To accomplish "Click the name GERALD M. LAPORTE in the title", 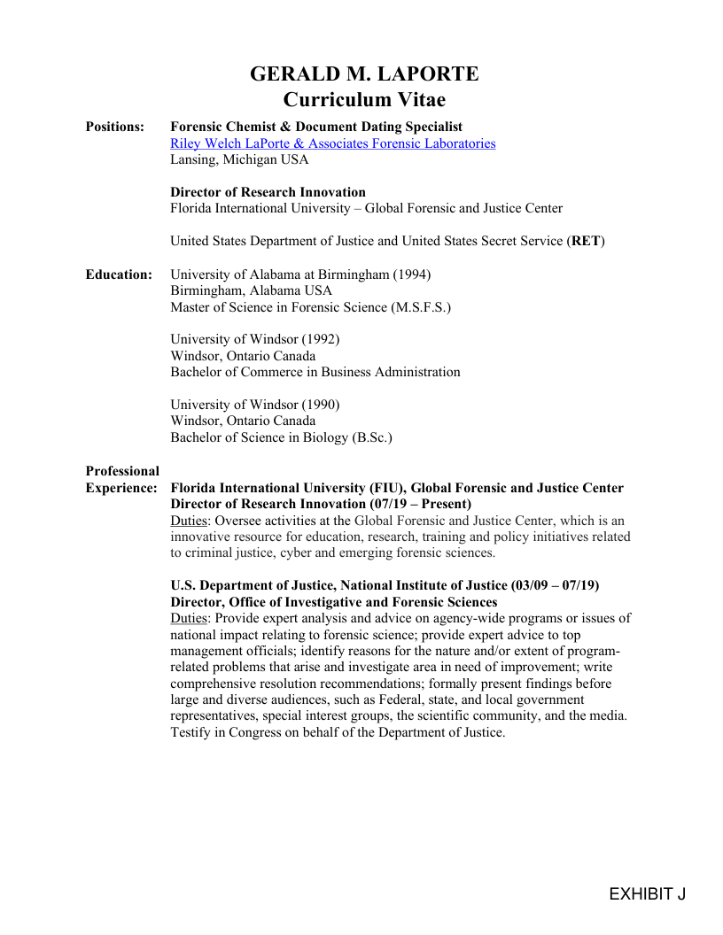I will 364,73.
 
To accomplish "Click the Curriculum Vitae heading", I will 364,99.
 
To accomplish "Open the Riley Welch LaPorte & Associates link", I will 332,143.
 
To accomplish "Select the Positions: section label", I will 114,127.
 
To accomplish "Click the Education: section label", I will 119,274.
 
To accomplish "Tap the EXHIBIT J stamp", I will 647,894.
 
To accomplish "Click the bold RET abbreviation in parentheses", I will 586,241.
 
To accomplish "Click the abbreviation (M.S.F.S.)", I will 420,307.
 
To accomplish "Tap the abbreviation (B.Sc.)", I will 372,437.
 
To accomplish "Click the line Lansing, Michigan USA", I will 239,159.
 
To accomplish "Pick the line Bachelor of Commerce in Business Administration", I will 315,372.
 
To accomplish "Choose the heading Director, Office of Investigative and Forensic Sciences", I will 333,602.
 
